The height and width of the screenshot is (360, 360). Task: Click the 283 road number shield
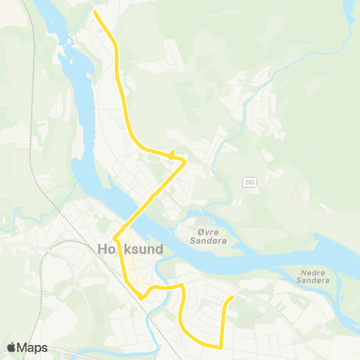pyautogui.click(x=248, y=182)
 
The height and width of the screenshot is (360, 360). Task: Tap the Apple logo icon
pyautogui.click(x=12, y=347)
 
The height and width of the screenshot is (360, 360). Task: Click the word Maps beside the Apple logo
pyautogui.click(x=34, y=348)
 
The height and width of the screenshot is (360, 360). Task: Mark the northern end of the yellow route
pyautogui.click(x=94, y=12)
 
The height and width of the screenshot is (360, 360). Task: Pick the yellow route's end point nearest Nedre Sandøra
pyautogui.click(x=232, y=296)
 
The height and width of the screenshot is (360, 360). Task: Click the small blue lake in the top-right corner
pyautogui.click(x=348, y=12)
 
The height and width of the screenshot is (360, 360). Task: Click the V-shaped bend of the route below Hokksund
pyautogui.click(x=141, y=297)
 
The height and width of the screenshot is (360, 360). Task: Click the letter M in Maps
pyautogui.click(x=24, y=348)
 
